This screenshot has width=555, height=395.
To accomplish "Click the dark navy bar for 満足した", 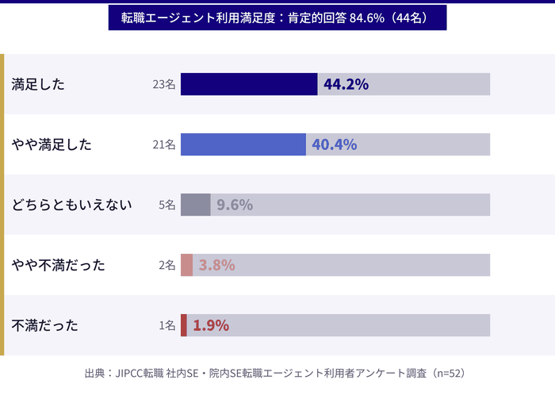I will pos(249,84).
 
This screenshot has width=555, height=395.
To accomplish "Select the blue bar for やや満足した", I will pos(243,144).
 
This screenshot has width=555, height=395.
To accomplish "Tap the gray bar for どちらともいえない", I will pos(196,205).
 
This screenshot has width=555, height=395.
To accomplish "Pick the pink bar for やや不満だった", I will pos(187,265).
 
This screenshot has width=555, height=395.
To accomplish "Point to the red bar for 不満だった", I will pos(184,325).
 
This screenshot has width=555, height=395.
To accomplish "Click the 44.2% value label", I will pos(346,84).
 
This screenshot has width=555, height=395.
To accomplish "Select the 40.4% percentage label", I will pos(335,144).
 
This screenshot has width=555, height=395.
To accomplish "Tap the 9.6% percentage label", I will pos(235,205).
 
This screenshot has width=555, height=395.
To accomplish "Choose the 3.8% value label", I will pos(216,265).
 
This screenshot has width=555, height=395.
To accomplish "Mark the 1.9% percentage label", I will pos(211,325).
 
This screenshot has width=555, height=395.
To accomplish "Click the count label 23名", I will pos(164,84).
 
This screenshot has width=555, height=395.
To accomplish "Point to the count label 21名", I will pos(164,144).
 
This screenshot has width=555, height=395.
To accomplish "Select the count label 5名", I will pos(166,205).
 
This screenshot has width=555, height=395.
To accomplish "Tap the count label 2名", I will pos(166,265).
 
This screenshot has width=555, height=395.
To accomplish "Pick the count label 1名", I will pos(166,325).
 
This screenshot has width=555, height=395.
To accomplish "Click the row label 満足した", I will pos(38,84).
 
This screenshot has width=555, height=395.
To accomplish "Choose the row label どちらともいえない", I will pos(71,205).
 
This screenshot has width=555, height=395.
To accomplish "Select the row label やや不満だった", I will pos(59,265).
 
